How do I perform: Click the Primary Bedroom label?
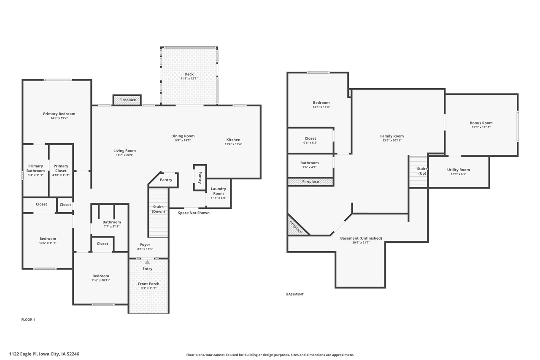59,114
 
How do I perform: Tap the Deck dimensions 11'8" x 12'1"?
189,78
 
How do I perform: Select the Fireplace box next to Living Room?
127,100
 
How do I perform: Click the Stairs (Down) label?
159,209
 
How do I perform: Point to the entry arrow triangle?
147,262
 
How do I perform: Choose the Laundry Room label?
218,191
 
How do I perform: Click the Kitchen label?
233,140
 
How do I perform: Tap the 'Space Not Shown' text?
194,213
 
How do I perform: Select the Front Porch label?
148,284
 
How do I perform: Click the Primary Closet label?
61,168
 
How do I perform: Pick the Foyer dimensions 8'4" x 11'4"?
145,249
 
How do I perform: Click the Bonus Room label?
481,123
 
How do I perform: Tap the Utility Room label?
458,170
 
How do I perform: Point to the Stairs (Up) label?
422,171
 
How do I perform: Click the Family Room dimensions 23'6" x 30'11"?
392,141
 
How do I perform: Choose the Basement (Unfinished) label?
361,238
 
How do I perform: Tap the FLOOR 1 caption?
28,319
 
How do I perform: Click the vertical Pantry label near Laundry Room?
200,178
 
